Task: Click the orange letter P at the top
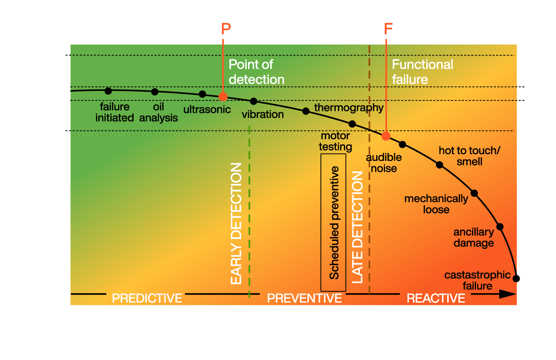click(226, 29)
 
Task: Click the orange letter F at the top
click(388, 29)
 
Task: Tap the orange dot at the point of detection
click(223, 96)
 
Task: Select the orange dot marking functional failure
click(386, 135)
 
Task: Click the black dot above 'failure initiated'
click(108, 90)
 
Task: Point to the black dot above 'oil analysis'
click(155, 92)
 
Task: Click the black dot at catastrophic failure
click(516, 278)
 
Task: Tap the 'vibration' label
click(263, 114)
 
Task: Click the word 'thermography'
click(349, 108)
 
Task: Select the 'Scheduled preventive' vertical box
click(333, 222)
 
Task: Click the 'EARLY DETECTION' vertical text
click(236, 224)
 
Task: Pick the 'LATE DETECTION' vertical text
click(358, 227)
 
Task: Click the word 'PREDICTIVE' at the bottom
click(147, 298)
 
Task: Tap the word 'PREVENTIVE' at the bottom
click(304, 298)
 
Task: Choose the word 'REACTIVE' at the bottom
click(436, 298)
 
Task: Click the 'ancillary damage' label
click(473, 238)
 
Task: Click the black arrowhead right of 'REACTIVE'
click(508, 294)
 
